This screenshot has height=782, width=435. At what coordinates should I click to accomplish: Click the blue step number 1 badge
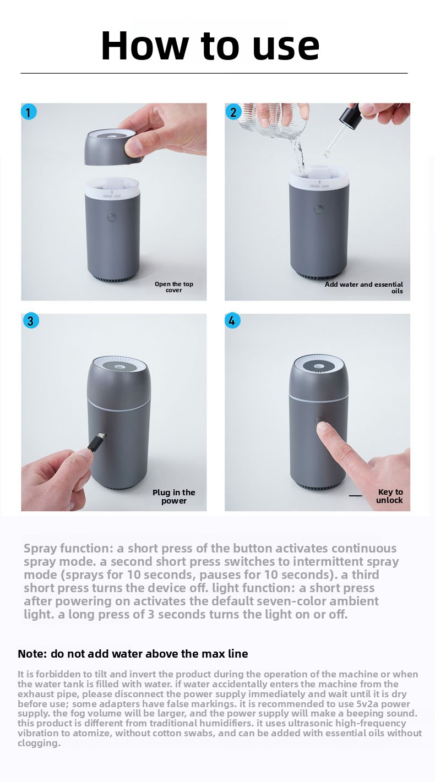[x=29, y=112]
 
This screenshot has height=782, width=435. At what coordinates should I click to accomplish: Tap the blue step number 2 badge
[x=233, y=112]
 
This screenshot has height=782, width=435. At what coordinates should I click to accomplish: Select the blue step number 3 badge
[x=31, y=320]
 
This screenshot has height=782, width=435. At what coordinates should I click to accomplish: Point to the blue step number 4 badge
[x=232, y=320]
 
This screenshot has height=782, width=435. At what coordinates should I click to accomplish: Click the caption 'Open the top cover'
[x=174, y=287]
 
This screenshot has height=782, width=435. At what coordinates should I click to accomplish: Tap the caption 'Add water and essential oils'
[x=364, y=288]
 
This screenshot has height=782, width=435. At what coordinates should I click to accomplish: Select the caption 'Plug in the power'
[x=174, y=496]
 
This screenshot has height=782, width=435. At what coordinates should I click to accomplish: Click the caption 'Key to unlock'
[x=390, y=496]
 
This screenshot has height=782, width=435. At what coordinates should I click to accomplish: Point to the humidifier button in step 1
[x=112, y=218]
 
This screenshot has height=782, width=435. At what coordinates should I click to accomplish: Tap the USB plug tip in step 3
[x=101, y=437]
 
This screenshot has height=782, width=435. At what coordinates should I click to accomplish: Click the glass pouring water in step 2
[x=272, y=121]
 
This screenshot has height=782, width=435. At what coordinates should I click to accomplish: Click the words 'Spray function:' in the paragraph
[x=68, y=548]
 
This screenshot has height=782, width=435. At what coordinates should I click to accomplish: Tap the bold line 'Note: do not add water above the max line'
[x=133, y=654]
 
